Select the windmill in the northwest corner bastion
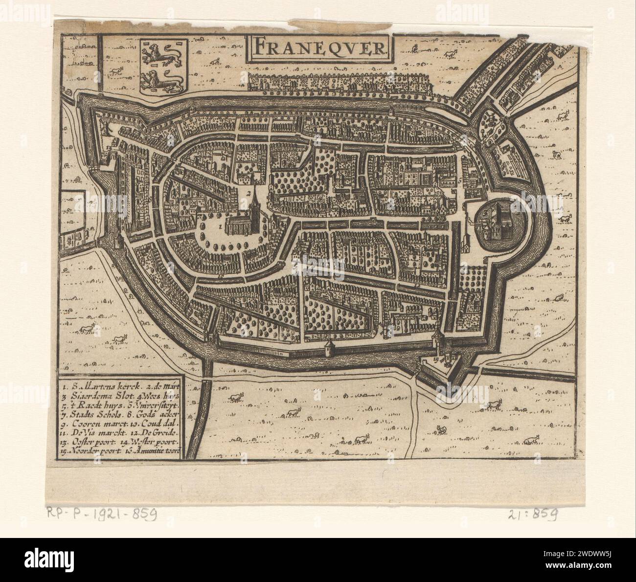pyautogui.click(x=104, y=126)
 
